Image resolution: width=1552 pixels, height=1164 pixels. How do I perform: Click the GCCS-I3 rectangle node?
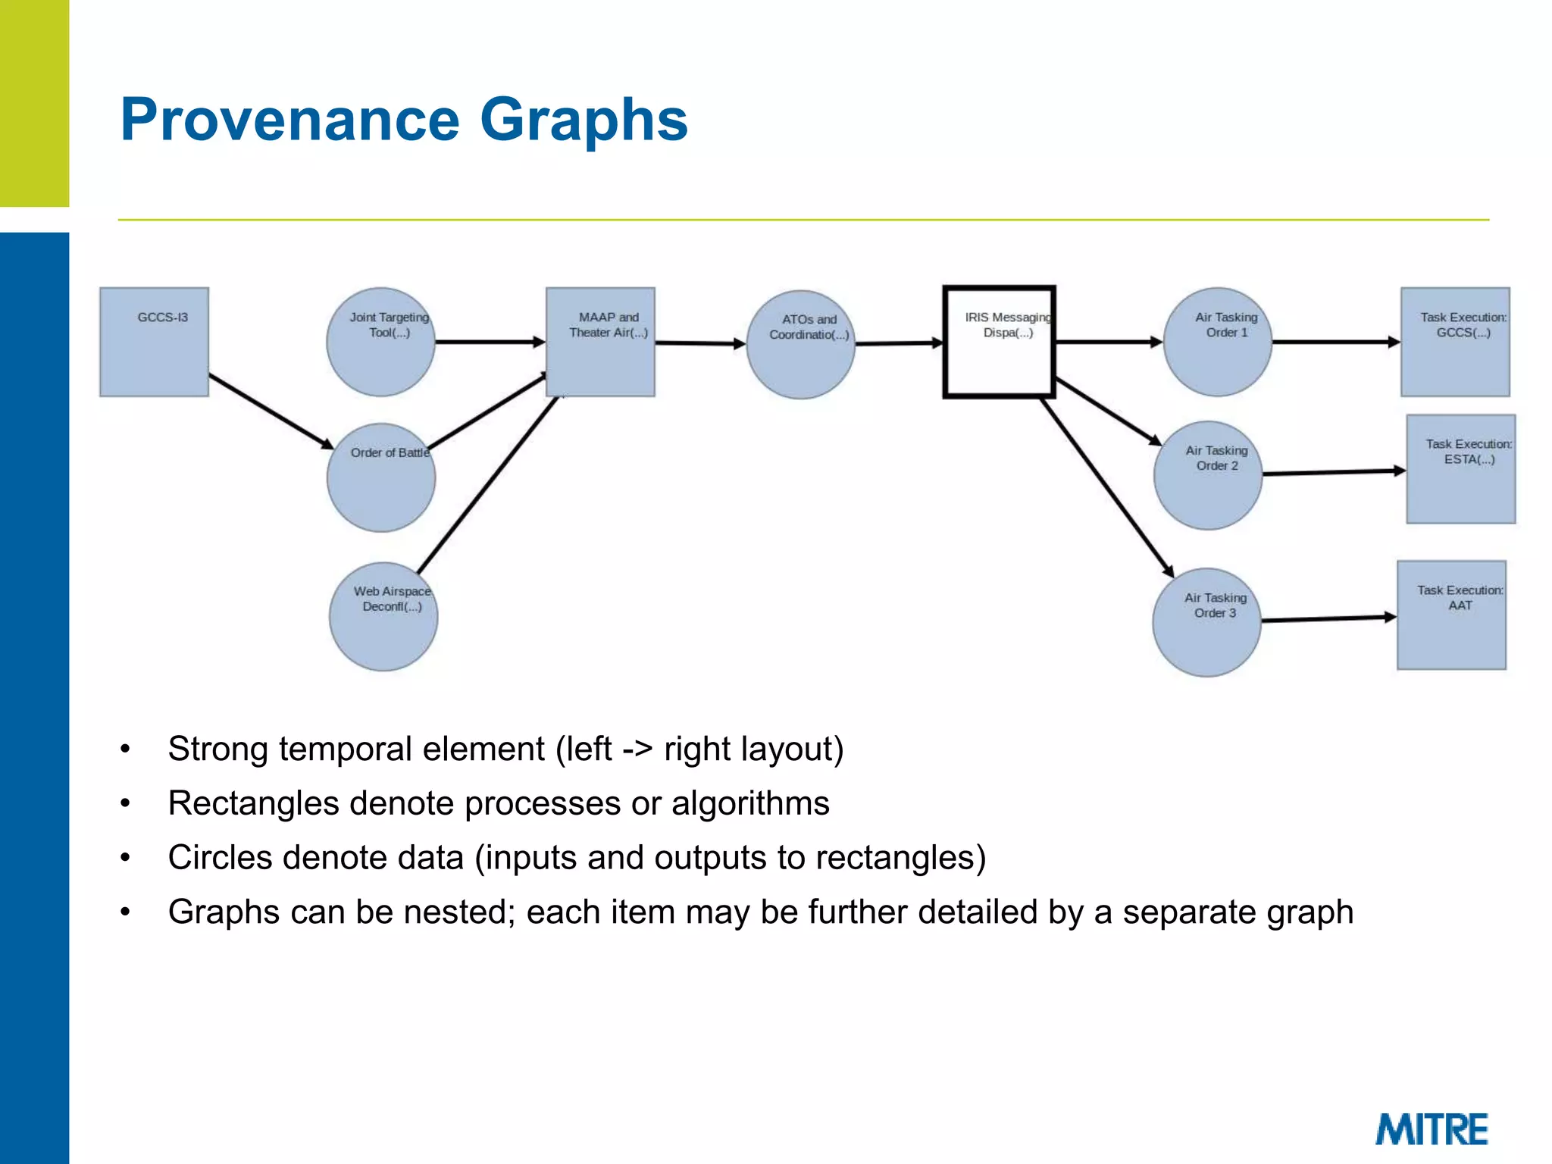click(154, 342)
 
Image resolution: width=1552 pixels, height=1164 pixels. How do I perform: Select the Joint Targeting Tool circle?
click(380, 342)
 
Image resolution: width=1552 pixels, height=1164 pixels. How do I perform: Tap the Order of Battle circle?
click(381, 477)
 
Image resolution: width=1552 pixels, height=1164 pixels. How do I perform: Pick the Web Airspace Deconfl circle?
click(383, 617)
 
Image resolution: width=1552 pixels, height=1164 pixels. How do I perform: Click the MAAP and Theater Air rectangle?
click(600, 342)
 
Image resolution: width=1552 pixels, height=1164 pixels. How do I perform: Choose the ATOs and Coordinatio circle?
click(801, 345)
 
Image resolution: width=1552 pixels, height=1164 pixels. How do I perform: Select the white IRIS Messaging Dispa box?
click(999, 342)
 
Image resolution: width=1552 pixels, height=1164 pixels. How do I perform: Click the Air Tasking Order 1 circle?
click(1217, 342)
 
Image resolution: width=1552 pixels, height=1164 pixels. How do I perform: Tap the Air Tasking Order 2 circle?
click(1208, 475)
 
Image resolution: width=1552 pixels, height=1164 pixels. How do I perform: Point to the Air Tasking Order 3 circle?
click(1206, 622)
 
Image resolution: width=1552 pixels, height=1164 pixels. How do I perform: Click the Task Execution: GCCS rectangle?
click(1455, 342)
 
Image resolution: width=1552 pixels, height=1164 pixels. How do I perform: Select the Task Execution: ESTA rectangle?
click(1460, 469)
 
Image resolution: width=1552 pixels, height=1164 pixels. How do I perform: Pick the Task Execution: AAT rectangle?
click(1451, 615)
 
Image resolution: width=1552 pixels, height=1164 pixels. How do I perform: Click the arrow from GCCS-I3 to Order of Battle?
click(271, 410)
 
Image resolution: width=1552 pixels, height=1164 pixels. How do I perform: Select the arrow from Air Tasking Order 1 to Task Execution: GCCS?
click(1335, 342)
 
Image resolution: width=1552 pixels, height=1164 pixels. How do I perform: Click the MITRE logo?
click(1432, 1129)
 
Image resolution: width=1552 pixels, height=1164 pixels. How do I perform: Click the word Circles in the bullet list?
click(214, 858)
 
